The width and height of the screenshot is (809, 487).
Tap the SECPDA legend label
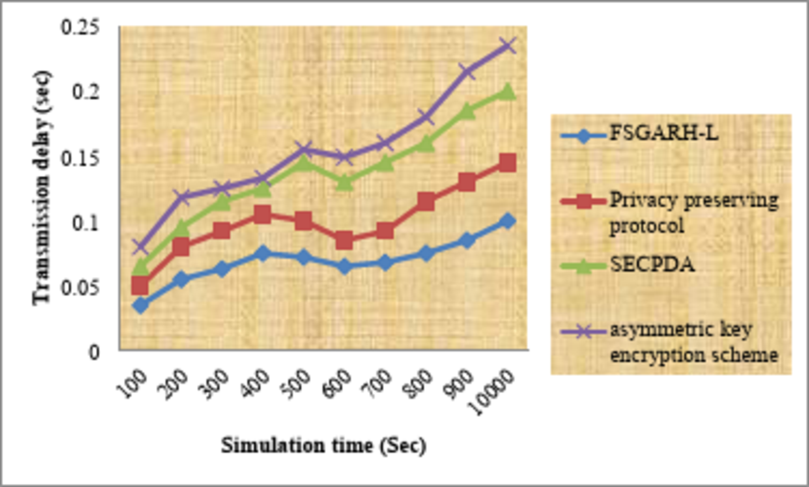click(x=652, y=265)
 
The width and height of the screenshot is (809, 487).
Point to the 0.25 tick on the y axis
click(x=80, y=27)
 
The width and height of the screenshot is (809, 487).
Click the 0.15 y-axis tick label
click(x=80, y=158)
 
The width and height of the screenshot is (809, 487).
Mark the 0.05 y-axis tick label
click(x=80, y=288)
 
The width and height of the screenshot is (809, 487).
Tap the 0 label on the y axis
click(x=94, y=352)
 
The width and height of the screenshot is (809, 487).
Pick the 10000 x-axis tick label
click(x=491, y=392)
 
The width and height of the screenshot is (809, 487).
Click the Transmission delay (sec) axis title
click(x=42, y=187)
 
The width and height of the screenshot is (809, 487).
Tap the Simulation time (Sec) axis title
click(x=323, y=446)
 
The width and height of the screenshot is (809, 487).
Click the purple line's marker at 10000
click(x=507, y=46)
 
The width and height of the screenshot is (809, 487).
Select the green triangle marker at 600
click(x=344, y=183)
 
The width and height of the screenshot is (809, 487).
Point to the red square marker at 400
click(x=262, y=214)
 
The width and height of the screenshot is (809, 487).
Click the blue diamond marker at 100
click(x=140, y=305)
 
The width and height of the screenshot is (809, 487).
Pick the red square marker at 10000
click(x=507, y=163)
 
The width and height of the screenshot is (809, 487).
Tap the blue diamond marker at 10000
click(x=507, y=221)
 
